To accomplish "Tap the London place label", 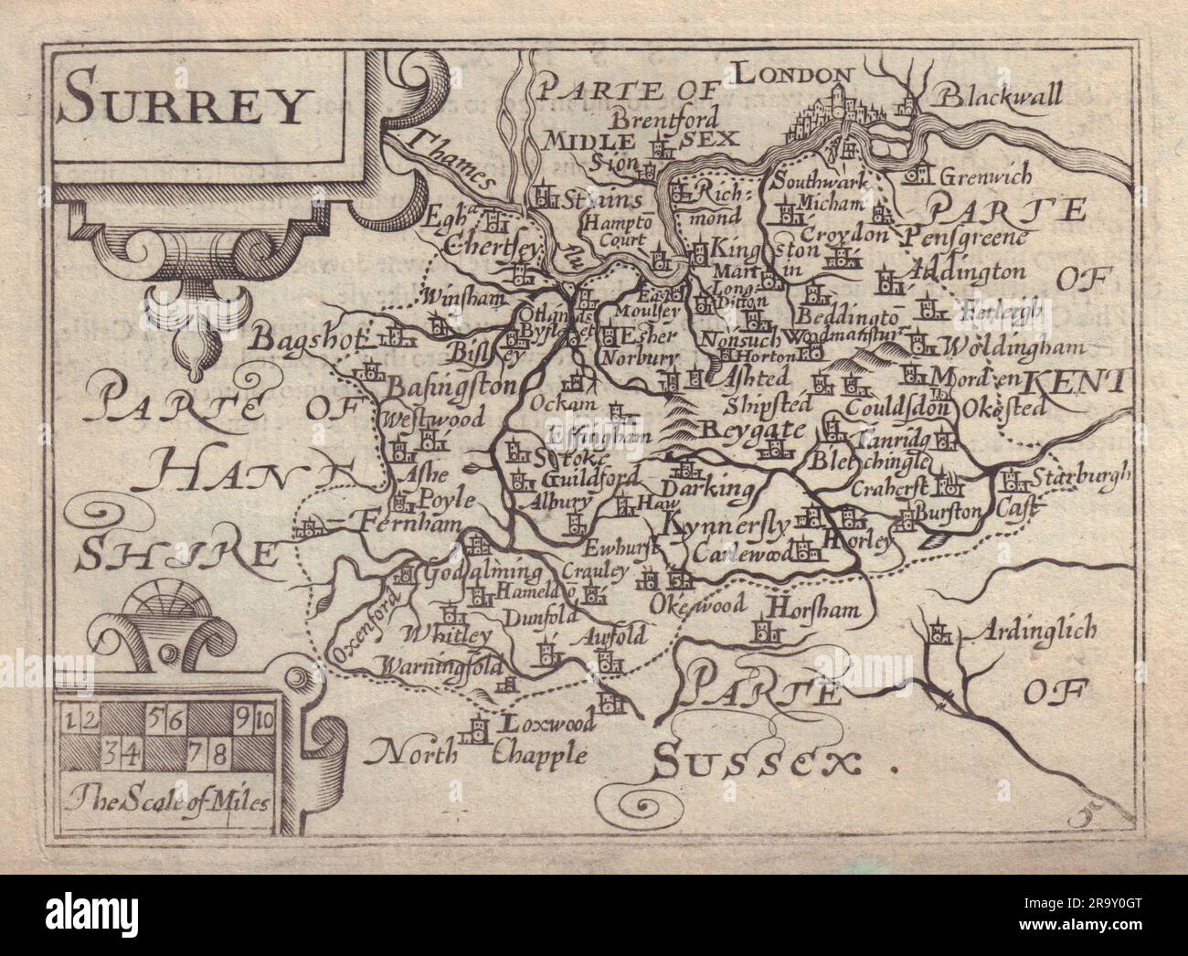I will pyautogui.click(x=794, y=73).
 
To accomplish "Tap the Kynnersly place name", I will pyautogui.click(x=724, y=526).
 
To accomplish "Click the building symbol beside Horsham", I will pyautogui.click(x=765, y=631).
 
